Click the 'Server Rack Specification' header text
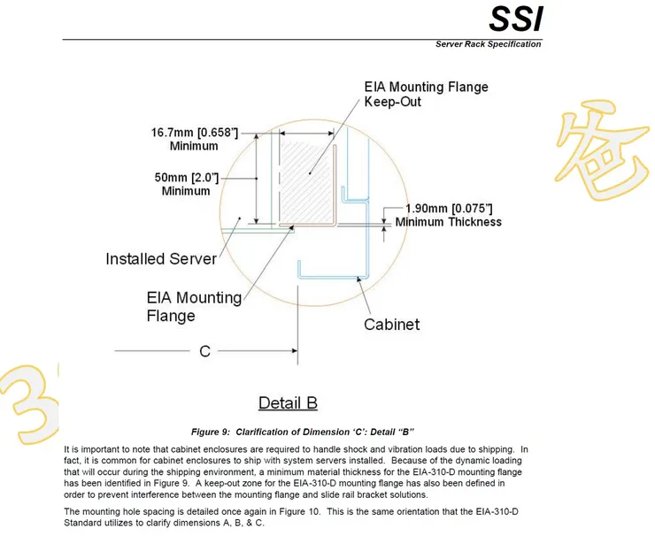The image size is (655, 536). click(x=488, y=44)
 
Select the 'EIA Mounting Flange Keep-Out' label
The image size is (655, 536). click(x=426, y=95)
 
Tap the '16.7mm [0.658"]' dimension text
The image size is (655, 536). click(x=195, y=133)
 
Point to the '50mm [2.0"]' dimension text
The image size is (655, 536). click(x=186, y=177)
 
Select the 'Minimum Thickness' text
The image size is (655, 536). click(x=448, y=222)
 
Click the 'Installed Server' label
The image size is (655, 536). click(x=161, y=259)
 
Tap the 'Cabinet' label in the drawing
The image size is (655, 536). click(x=392, y=325)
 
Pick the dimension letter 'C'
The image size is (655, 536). click(x=204, y=351)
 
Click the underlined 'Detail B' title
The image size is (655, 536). click(x=288, y=403)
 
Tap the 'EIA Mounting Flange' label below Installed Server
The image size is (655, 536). click(x=194, y=306)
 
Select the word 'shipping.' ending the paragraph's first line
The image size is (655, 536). click(x=497, y=449)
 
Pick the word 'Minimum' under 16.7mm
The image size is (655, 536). click(x=195, y=146)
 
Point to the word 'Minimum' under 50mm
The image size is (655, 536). click(x=186, y=190)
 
